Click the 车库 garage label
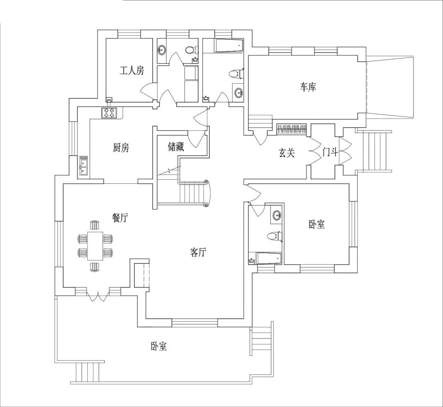pos(308,87)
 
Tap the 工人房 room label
pos(132,71)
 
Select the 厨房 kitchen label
pos(121,148)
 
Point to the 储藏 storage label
pos(176,147)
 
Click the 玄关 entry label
pos(287,153)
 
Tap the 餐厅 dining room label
pos(120,218)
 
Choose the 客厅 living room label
pos(198,252)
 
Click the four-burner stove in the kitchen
pos(109,113)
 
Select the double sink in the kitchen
pos(83,166)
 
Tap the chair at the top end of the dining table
pos(95,225)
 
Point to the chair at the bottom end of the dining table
pos(95,267)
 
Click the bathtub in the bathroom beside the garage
pos(228,46)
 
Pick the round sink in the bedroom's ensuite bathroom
pos(277,216)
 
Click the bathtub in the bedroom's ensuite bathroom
pos(269,259)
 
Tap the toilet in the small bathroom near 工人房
pos(192,50)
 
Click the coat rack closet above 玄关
pos(292,128)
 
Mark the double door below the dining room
pos(98,295)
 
